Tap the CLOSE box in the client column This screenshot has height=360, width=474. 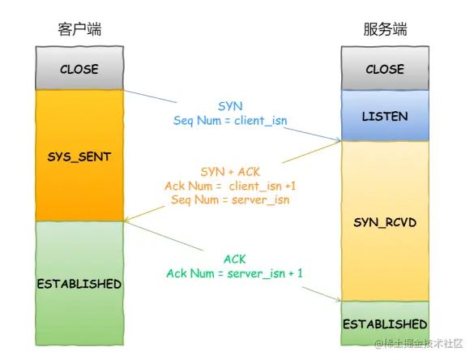[x=79, y=69]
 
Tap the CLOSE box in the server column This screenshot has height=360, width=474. [x=385, y=69]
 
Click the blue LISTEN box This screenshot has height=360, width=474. [x=385, y=116]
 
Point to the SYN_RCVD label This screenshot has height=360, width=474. [x=385, y=221]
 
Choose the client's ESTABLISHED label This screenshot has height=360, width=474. [x=79, y=285]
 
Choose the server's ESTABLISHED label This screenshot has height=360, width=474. [x=385, y=324]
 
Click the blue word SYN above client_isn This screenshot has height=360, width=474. [x=230, y=106]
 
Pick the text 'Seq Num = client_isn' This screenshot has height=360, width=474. [x=230, y=120]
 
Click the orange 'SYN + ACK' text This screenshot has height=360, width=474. [x=230, y=172]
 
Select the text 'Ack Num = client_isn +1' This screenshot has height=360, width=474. [x=230, y=186]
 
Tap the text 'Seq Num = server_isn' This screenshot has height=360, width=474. [x=230, y=199]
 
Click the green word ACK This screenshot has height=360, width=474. [x=234, y=259]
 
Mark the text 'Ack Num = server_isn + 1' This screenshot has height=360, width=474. [x=234, y=273]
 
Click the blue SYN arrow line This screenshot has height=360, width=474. [x=154, y=97]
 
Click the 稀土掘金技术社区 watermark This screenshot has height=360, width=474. [x=418, y=345]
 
